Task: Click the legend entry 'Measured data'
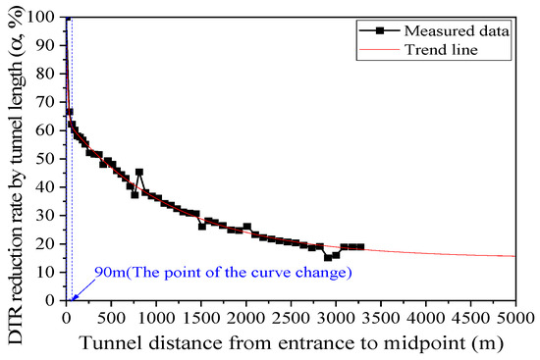click(472, 30)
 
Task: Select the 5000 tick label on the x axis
click(515, 316)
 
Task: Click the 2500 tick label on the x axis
click(291, 316)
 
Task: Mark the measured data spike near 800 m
click(139, 173)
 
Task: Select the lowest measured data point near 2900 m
click(328, 258)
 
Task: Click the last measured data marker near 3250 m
click(360, 247)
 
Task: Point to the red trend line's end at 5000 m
click(515, 256)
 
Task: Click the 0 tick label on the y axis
click(54, 301)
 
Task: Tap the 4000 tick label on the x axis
click(426, 316)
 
